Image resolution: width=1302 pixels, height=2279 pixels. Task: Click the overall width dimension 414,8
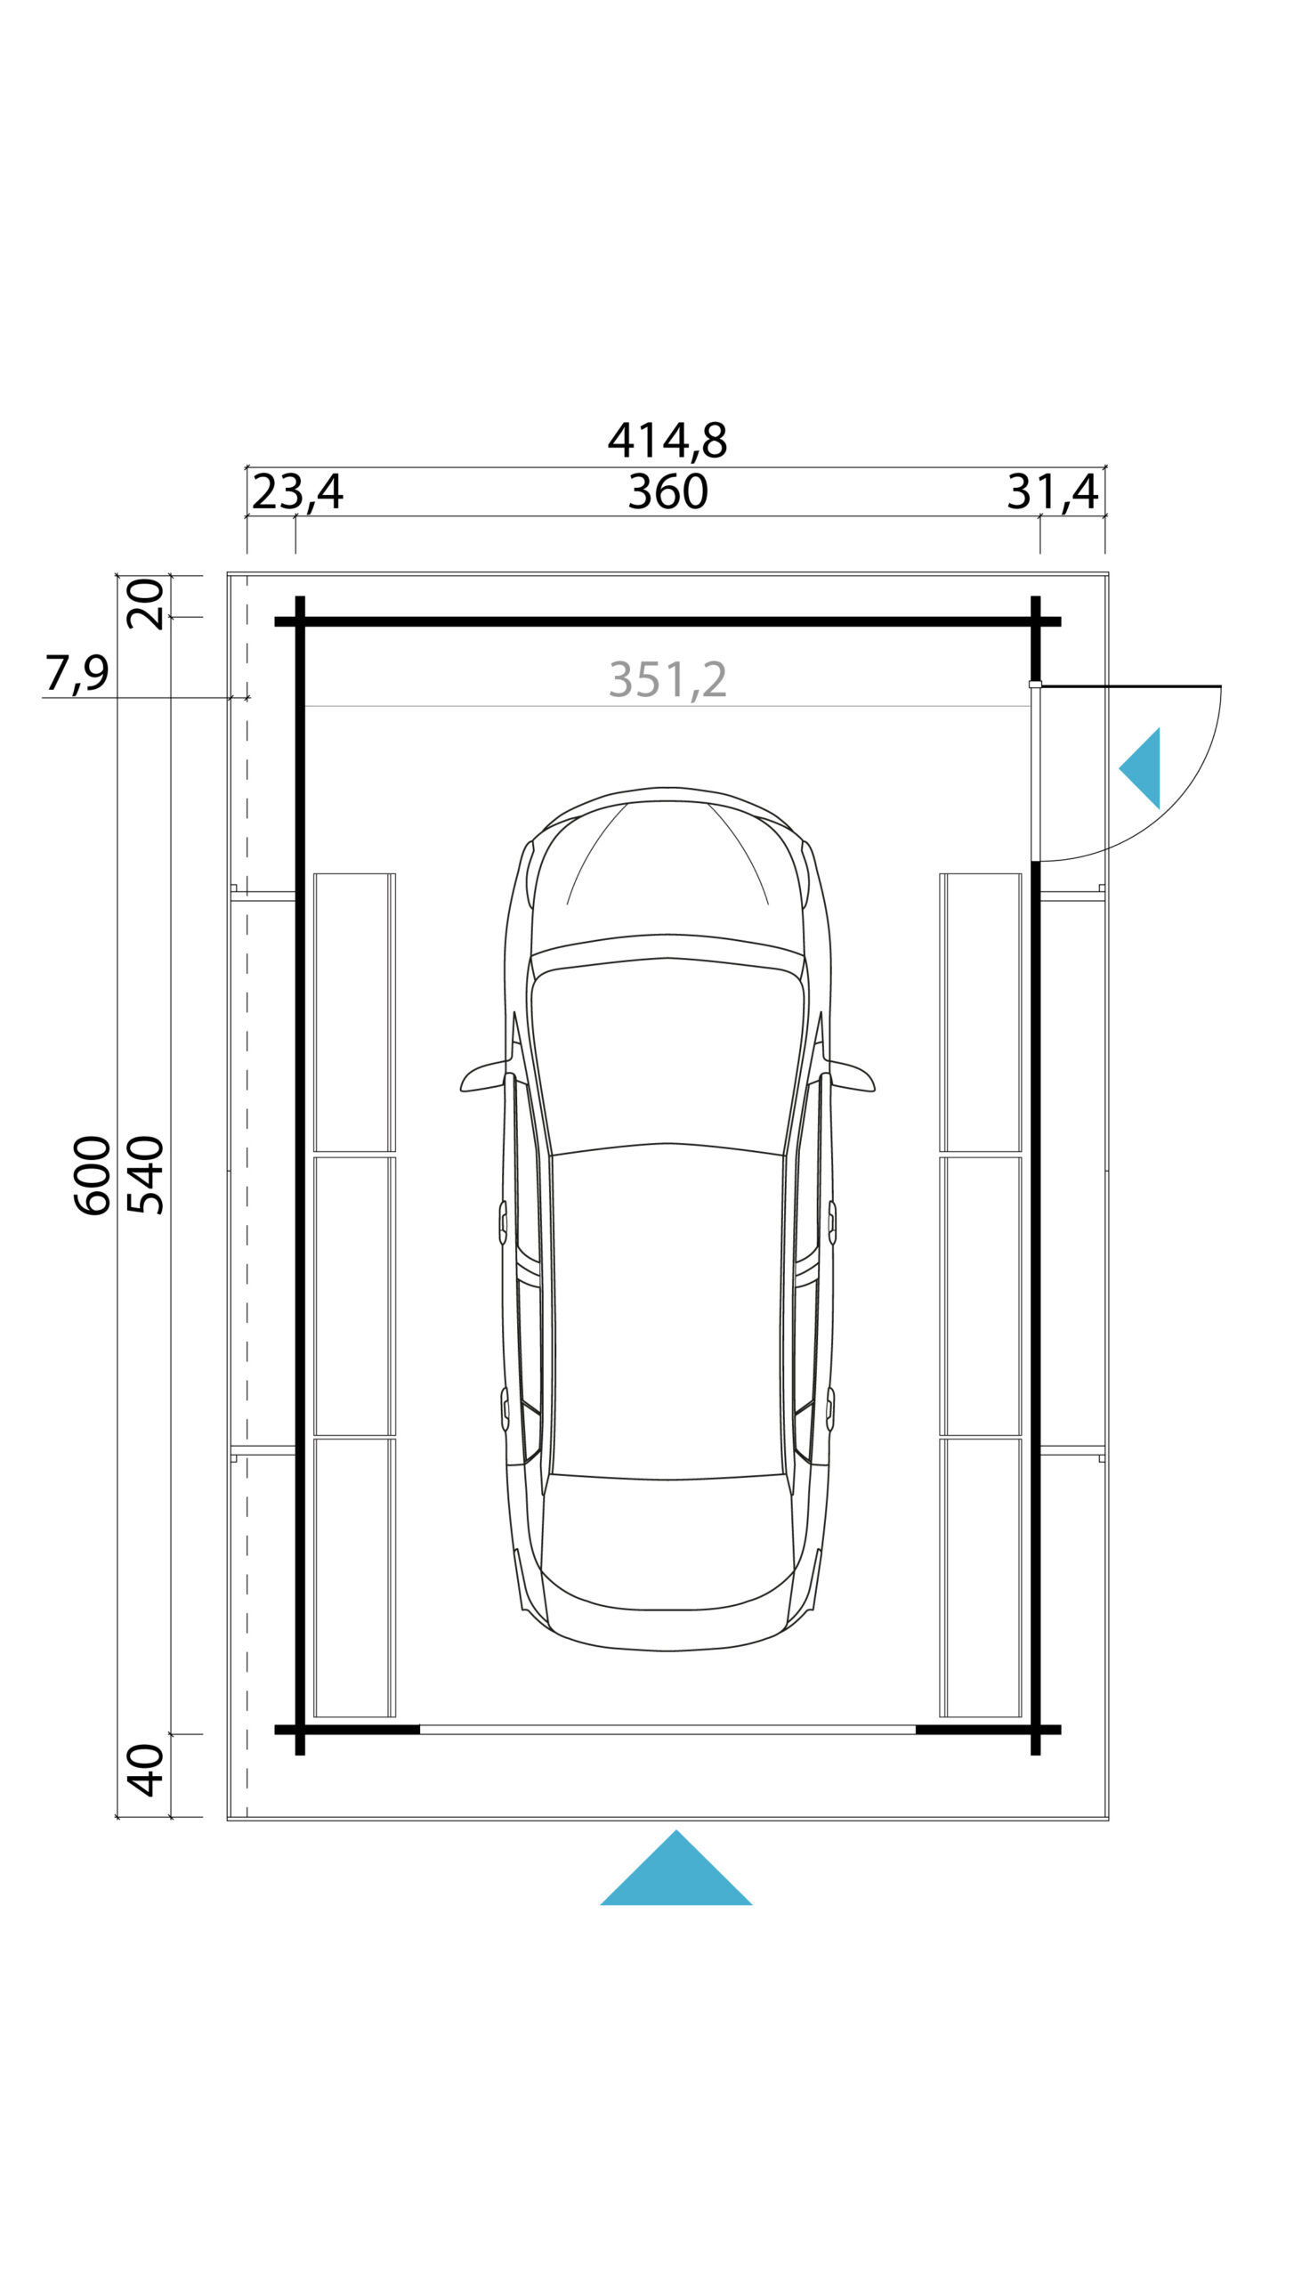[x=667, y=440]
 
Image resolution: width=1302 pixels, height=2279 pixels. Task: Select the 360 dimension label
[x=667, y=492]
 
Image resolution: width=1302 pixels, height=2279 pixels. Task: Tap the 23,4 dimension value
[x=297, y=492]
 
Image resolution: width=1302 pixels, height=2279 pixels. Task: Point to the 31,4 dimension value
[x=1053, y=492]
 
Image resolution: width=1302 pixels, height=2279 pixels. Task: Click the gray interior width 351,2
[x=667, y=680]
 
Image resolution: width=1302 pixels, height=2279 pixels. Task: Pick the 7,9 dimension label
[x=77, y=674]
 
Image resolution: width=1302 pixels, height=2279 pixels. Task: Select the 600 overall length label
[x=92, y=1175]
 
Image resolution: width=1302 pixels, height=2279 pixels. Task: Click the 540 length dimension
[x=146, y=1175]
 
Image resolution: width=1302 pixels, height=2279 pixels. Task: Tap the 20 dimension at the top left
[x=146, y=604]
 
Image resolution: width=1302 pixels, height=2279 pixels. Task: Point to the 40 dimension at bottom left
[x=146, y=1770]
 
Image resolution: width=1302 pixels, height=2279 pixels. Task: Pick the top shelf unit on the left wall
[x=354, y=1011]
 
